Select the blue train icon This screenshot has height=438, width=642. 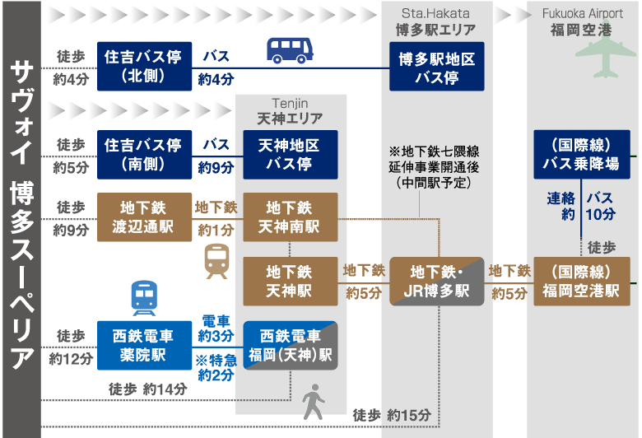pos(144,298)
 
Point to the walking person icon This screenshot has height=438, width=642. pos(313,401)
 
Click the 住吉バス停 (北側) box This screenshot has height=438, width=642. pos(144,66)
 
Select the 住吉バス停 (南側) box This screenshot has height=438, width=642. pos(144,154)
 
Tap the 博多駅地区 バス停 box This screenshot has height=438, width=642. pos(437,66)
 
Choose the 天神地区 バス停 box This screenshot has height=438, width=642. pos(290,154)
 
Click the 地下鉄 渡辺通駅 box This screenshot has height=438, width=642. pos(144,217)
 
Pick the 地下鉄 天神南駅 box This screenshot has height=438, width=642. pos(290,217)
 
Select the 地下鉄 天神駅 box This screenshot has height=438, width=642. pos(290,281)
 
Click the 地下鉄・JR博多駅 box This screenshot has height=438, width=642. pos(437,281)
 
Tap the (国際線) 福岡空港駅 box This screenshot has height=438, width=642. pos(581,281)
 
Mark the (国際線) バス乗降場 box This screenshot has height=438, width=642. pos(581,154)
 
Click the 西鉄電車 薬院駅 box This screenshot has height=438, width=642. pos(144,344)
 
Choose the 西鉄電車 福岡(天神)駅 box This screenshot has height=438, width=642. pos(290,344)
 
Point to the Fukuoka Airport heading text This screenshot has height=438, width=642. pos(582,14)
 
